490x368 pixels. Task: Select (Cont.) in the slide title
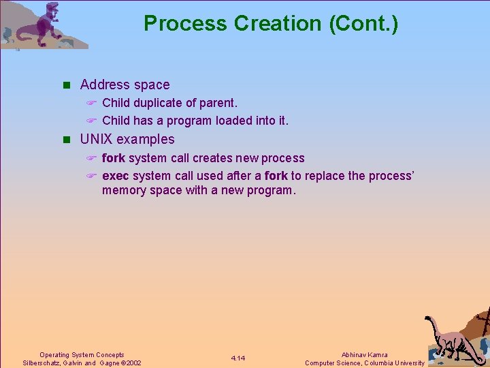(364, 24)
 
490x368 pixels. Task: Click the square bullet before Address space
(66, 85)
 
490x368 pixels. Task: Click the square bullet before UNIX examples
(66, 140)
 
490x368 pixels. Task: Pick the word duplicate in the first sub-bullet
(161, 103)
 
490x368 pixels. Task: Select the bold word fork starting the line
(114, 158)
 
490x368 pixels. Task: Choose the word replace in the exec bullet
(325, 176)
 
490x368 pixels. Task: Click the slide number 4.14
(238, 358)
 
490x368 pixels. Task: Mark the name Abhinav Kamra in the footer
(364, 354)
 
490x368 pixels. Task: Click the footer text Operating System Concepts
(82, 354)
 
